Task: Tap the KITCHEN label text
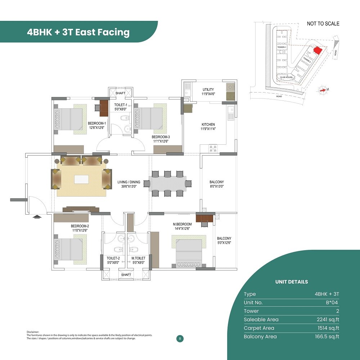click(x=208, y=125)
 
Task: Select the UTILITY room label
click(x=208, y=90)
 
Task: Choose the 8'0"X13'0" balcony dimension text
click(x=217, y=186)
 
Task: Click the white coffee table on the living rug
click(x=81, y=179)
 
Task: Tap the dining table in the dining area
click(x=167, y=183)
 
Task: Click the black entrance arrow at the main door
click(x=37, y=217)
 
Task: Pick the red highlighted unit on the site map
click(x=317, y=50)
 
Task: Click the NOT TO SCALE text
click(x=323, y=24)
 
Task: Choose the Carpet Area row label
click(x=259, y=328)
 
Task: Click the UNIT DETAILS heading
click(x=292, y=282)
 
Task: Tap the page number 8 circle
click(x=180, y=338)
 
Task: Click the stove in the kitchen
click(x=213, y=148)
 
